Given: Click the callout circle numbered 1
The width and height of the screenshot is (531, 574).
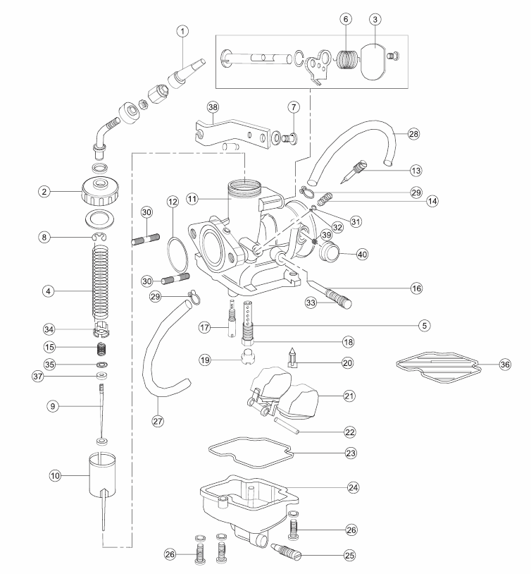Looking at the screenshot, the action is pos(182,31).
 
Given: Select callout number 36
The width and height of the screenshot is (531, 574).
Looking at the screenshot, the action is pos(505,365).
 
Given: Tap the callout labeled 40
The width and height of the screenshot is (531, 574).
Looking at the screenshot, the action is pos(362,254).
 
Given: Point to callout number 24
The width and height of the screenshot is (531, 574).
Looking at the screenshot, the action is pos(353,487).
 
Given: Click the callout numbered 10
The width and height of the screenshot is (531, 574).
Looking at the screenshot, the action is pos(55,475).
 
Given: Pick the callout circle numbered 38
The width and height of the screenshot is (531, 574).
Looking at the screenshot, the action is pos(213,107).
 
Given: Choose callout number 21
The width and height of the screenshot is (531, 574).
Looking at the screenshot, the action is pos(349,396).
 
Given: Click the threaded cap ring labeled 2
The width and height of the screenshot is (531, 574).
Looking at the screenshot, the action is pos(99,191).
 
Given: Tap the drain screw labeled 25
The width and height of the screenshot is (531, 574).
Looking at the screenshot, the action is pos(286,551).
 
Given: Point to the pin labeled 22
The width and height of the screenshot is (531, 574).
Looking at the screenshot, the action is pos(287,426).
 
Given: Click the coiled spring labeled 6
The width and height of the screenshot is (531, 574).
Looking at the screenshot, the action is pos(346,59).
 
